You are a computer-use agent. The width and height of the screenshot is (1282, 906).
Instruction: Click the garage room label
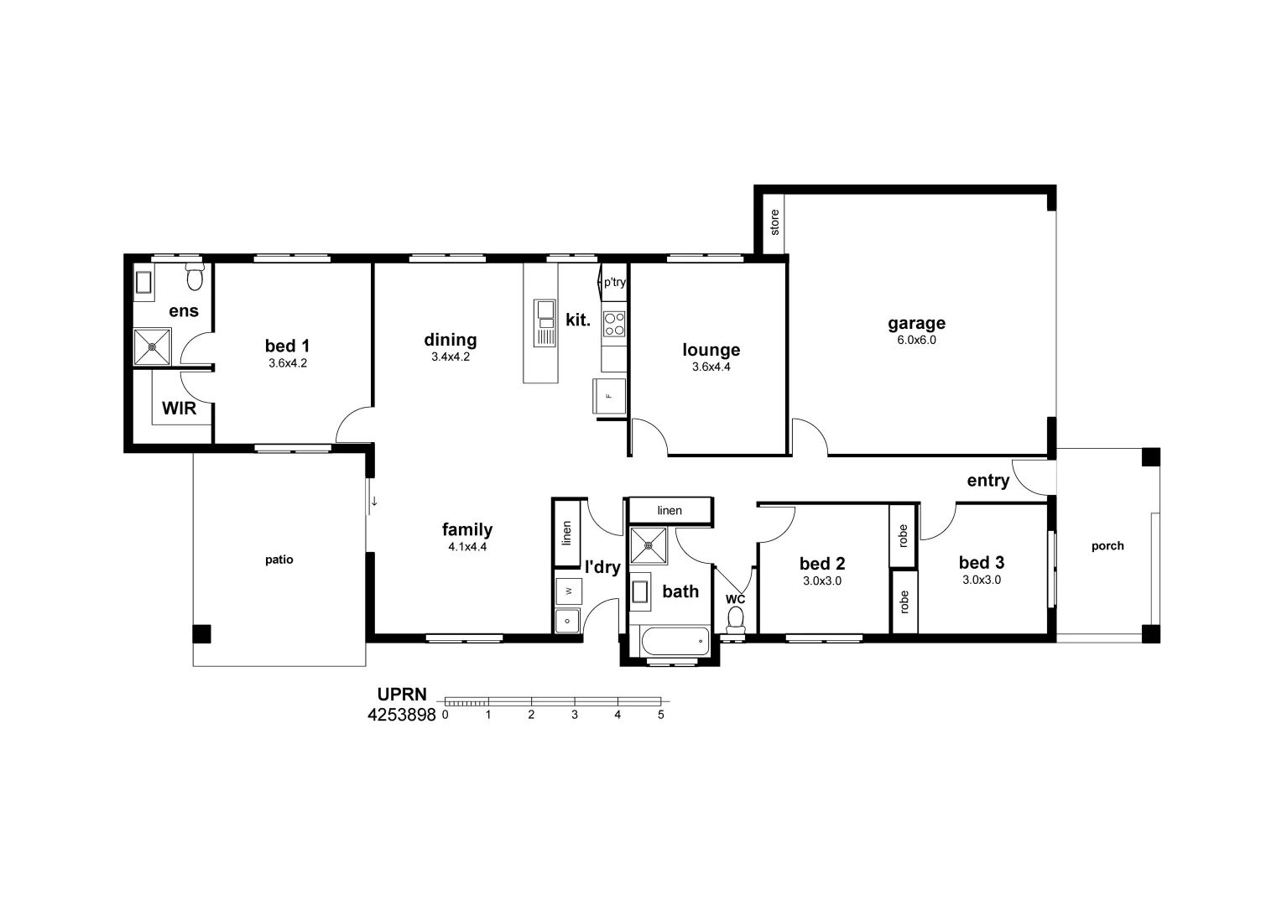916,323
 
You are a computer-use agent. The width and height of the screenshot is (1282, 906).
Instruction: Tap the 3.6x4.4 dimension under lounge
711,367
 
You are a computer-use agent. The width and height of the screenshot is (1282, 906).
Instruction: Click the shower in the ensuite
153,346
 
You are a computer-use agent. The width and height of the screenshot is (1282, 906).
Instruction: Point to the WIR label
179,409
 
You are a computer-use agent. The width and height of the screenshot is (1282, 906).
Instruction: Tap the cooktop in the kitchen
614,324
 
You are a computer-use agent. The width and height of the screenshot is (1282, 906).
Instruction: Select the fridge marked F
609,396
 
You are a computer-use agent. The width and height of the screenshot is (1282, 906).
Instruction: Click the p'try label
614,283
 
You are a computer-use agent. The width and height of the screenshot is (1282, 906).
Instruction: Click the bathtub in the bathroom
675,643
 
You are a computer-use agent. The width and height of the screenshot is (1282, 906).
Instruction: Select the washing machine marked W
568,591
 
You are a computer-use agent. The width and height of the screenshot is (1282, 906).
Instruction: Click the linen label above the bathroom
670,510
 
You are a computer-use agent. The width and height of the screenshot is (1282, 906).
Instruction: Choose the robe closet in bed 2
903,536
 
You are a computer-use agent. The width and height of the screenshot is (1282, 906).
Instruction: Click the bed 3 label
981,563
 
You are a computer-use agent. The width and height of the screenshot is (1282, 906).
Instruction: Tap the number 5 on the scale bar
661,716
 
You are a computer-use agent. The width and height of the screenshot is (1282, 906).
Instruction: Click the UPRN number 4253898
402,716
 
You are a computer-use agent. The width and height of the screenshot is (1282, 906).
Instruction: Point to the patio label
279,560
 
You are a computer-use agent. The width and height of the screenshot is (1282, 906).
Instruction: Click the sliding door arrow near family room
374,502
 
